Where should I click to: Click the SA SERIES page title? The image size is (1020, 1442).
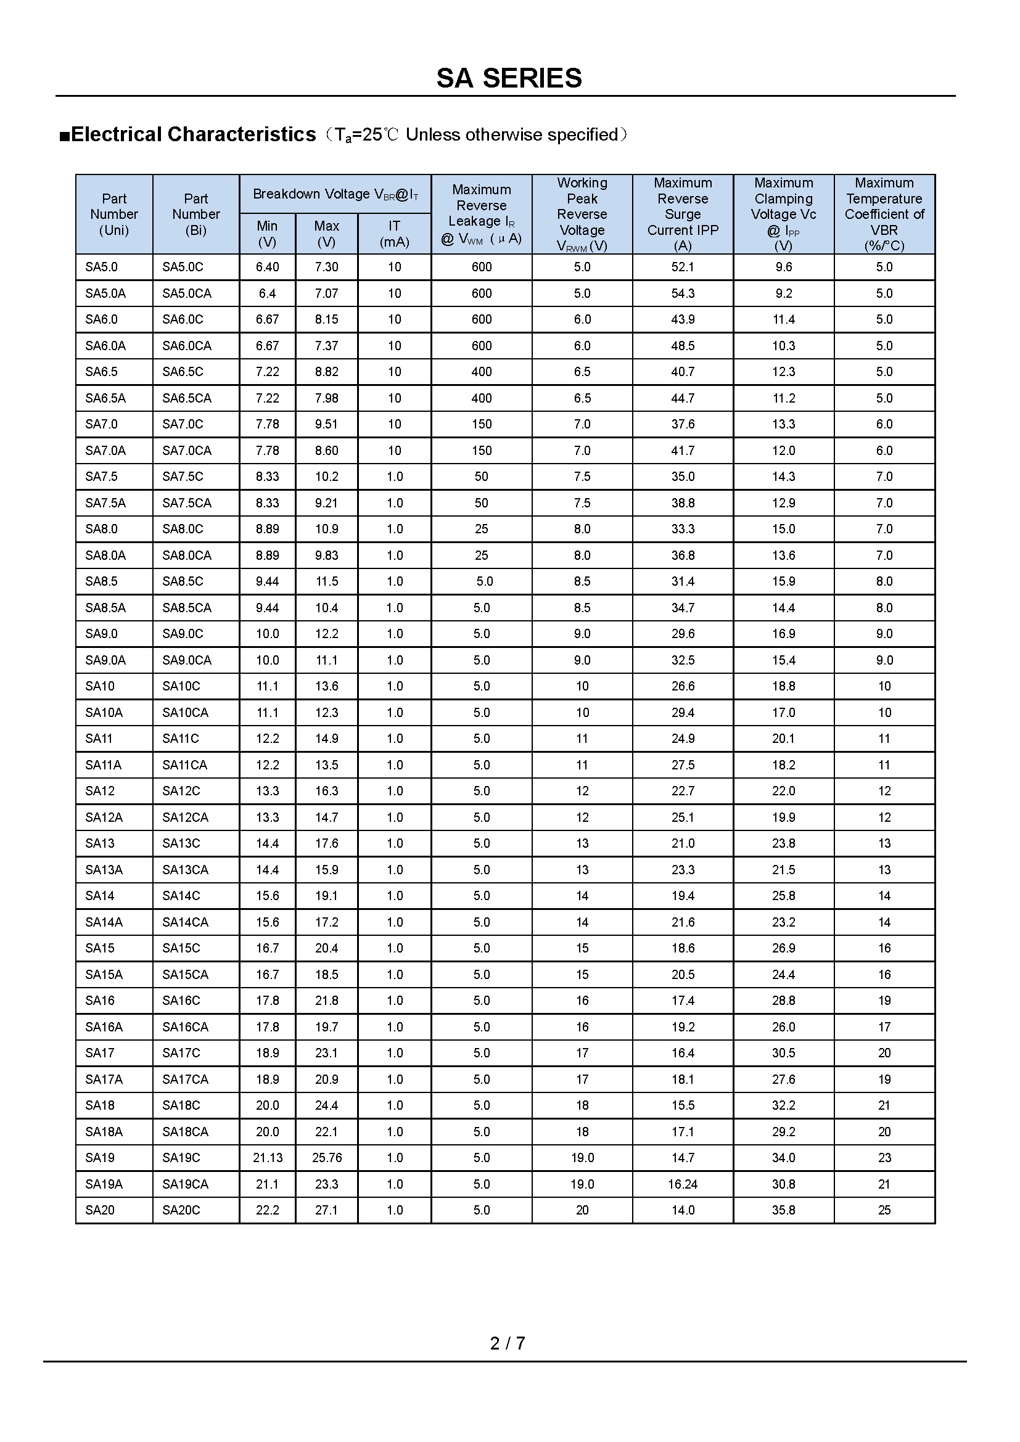tap(509, 78)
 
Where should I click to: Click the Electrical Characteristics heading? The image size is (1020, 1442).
tap(193, 134)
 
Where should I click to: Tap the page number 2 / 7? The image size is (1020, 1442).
tap(508, 1343)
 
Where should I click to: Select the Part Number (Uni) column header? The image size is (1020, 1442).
tap(113, 214)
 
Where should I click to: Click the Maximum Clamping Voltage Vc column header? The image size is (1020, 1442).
tap(783, 214)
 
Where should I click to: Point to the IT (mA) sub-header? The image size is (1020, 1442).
tap(394, 234)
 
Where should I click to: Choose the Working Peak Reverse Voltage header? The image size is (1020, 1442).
tap(582, 214)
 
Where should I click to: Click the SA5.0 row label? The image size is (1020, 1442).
tap(102, 267)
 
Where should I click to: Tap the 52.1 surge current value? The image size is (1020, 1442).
tap(683, 267)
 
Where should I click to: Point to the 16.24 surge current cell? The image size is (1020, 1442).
tap(683, 1184)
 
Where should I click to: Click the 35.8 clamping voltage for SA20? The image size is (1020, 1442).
tap(783, 1210)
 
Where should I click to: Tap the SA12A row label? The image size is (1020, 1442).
tap(104, 817)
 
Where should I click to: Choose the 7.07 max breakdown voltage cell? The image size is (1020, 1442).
tap(327, 293)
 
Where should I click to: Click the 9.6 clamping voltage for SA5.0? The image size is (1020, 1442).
tap(783, 267)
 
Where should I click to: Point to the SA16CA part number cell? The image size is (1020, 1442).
tap(185, 1027)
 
